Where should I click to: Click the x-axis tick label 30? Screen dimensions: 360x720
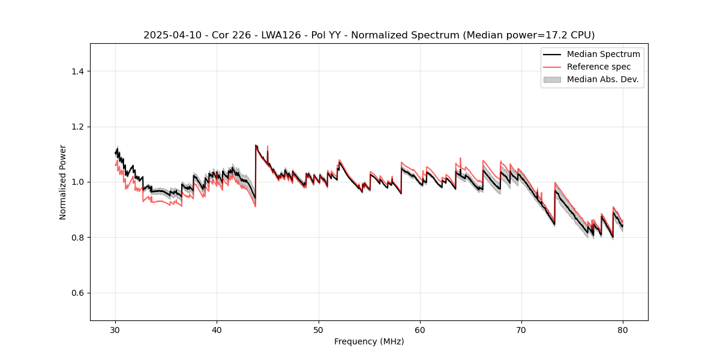point(115,330)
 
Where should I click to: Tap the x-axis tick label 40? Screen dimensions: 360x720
point(217,330)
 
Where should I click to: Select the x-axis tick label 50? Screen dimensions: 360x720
point(319,330)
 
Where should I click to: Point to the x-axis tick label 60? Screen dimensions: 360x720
point(420,330)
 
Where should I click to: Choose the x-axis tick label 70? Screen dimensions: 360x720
point(521,330)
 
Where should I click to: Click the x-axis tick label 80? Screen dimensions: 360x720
point(623,330)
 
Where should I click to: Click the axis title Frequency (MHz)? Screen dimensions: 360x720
point(369,342)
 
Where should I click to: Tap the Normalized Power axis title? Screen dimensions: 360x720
point(63,182)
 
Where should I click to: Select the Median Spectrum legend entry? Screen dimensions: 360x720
point(603,54)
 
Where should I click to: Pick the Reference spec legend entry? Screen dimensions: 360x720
point(598,67)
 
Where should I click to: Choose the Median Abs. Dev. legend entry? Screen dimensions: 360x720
point(602,79)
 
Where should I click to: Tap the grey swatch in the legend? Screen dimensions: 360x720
point(552,79)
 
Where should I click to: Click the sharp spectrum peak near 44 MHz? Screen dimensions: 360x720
point(256,145)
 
